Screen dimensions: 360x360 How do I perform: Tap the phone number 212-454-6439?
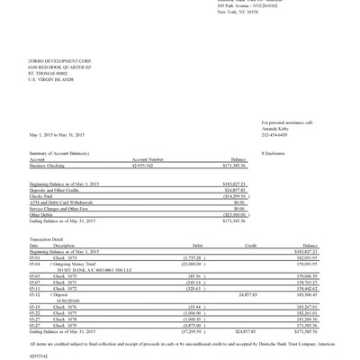(276, 134)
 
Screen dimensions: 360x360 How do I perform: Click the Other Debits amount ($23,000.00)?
(232, 214)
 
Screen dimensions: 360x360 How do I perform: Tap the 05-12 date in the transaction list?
(35, 294)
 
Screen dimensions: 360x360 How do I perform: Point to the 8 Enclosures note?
(273, 155)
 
